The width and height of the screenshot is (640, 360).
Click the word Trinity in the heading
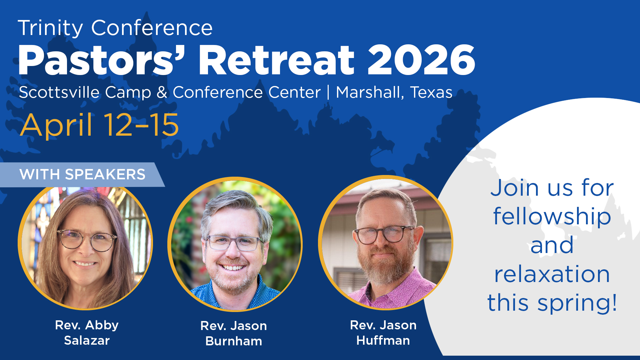click(x=50, y=28)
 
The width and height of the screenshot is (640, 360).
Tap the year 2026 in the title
click(x=421, y=60)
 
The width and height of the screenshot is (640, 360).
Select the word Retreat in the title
click(x=276, y=60)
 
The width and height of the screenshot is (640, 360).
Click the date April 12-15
click(x=99, y=125)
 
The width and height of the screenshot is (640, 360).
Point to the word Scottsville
click(x=59, y=92)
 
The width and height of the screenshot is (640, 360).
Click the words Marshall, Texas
click(x=394, y=92)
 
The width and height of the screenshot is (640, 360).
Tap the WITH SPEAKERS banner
click(x=82, y=174)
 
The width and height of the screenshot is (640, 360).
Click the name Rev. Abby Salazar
click(x=87, y=333)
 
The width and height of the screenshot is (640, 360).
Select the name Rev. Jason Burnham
click(x=234, y=333)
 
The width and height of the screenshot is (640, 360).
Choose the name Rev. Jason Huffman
click(x=383, y=333)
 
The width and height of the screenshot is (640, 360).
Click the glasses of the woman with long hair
click(x=87, y=240)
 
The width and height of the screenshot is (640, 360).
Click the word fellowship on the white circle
click(x=552, y=217)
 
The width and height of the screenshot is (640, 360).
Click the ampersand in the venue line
click(x=162, y=92)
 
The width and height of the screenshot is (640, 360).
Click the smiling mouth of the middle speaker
click(x=233, y=267)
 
